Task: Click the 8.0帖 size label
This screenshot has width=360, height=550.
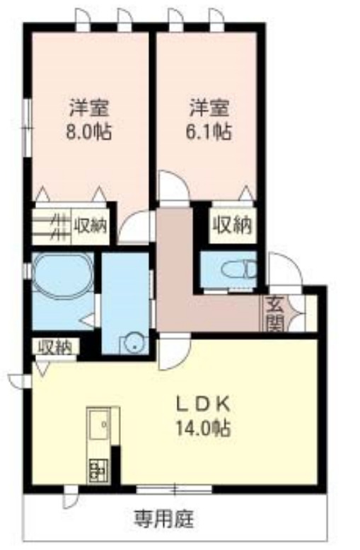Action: click(x=88, y=131)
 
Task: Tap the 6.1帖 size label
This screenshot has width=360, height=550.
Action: click(x=209, y=131)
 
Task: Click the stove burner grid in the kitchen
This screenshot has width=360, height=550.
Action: click(x=98, y=468)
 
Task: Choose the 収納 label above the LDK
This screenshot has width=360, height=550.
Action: click(x=54, y=346)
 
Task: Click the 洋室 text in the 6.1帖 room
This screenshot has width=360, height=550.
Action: click(x=209, y=108)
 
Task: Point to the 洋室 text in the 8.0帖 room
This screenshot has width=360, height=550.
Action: click(x=88, y=108)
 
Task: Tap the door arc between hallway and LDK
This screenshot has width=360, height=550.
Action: click(x=171, y=353)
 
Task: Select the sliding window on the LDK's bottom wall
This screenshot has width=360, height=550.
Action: click(x=174, y=488)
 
